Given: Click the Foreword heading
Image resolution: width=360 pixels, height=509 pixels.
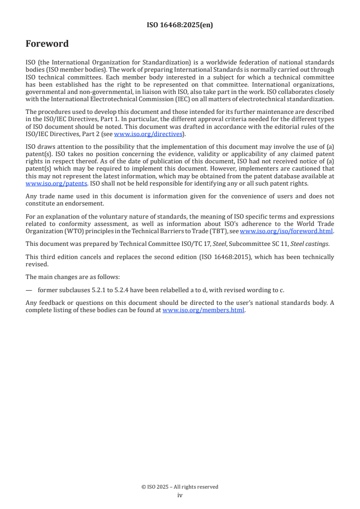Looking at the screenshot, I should click(47, 44).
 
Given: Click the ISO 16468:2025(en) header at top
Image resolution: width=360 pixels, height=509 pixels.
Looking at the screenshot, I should click(180, 25).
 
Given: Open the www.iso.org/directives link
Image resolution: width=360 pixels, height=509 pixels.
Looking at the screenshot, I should click(148, 134).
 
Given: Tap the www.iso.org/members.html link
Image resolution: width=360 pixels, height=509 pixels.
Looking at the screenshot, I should click(203, 310).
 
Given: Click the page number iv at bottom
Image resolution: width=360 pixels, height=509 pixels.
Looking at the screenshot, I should click(180, 495).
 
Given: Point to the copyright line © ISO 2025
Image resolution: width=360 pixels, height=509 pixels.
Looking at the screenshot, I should click(180, 487).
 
